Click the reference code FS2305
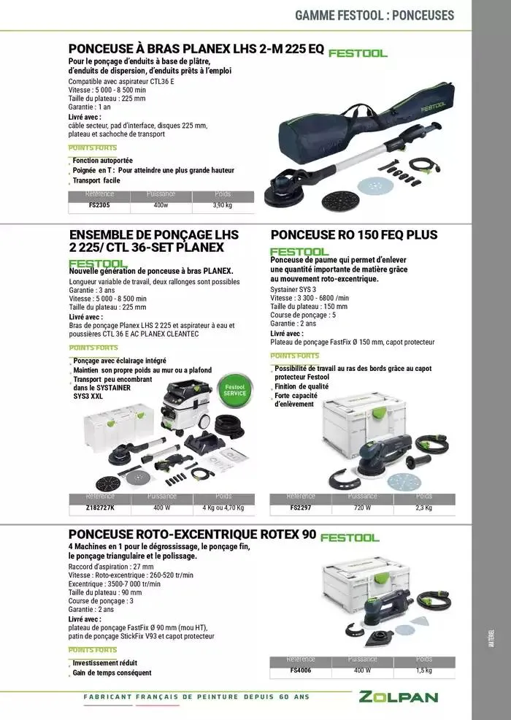pos(99,206)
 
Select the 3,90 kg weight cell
pos(222,206)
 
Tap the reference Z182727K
pos(99,508)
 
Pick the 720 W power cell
pos(363,508)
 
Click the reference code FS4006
pos(301,670)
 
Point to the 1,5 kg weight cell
pos(424,670)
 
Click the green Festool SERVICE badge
pos(235,390)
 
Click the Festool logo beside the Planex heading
pos(358,53)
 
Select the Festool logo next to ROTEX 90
pos(349,537)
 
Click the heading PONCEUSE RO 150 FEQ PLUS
pos(353,235)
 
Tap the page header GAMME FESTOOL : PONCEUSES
pos(374,15)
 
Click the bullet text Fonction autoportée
pos(102,160)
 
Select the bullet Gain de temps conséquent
pos(112,673)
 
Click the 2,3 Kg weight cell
pos(423,508)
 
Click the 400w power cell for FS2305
pos(161,206)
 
